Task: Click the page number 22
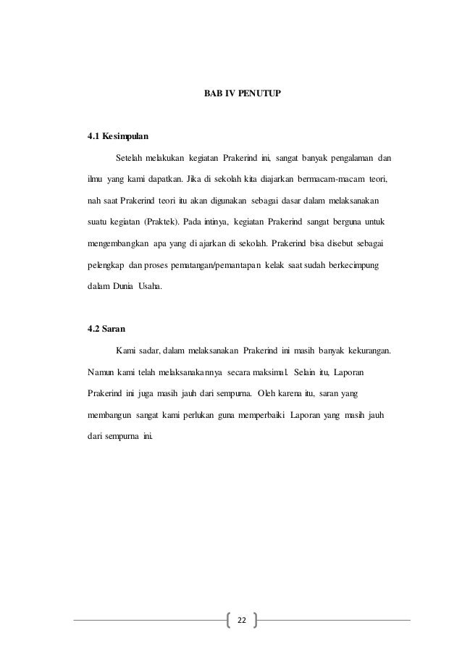pos(242,620)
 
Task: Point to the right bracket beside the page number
pos(256,620)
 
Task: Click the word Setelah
pos(128,158)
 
